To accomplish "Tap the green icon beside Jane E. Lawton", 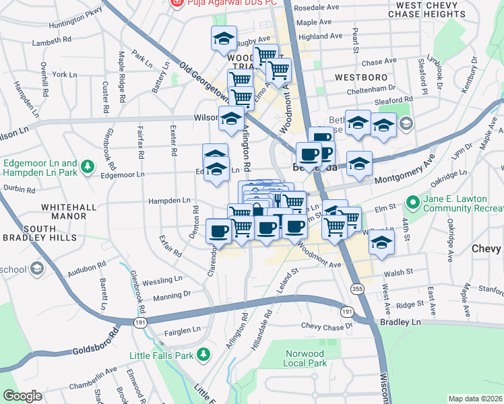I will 412,201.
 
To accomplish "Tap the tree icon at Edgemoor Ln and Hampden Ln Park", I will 87,166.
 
